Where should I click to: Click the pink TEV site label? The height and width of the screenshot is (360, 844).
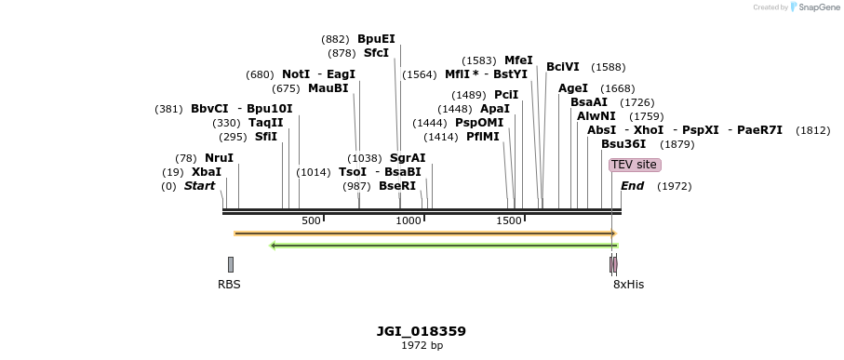[x=635, y=165]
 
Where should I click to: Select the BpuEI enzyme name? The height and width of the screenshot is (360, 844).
[x=376, y=39]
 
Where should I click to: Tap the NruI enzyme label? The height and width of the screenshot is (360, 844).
[x=219, y=158]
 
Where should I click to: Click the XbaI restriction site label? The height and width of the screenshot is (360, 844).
[x=207, y=172]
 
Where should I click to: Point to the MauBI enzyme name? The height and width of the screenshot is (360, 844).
[x=328, y=88]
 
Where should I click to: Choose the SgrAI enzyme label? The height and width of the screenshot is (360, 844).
[x=408, y=158]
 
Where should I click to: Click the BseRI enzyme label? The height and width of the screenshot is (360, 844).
[x=397, y=186]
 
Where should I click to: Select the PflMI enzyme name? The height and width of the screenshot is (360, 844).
[x=483, y=137]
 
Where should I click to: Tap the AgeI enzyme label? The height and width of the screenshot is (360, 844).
[x=573, y=88]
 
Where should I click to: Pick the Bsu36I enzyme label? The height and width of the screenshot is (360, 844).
[x=623, y=144]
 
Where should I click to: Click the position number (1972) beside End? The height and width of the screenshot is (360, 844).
[x=675, y=186]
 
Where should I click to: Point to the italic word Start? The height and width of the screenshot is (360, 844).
[x=199, y=186]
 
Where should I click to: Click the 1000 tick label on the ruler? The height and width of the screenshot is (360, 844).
[x=409, y=220]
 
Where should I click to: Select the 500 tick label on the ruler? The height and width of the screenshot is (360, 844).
[x=311, y=220]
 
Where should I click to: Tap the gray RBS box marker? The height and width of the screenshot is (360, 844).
[x=231, y=264]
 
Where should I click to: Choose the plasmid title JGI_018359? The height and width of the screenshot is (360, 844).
[x=422, y=331]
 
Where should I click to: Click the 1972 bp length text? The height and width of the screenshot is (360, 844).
[x=422, y=346]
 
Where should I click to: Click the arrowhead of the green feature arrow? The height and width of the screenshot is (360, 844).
[x=273, y=246]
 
